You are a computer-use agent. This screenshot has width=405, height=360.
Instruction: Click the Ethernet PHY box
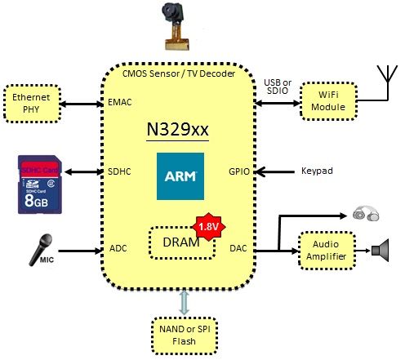click(x=32, y=104)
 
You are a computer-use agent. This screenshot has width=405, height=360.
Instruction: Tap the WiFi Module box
click(x=328, y=101)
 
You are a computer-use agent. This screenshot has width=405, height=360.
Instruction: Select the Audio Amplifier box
click(x=327, y=251)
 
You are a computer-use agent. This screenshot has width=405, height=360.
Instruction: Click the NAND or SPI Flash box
click(x=185, y=336)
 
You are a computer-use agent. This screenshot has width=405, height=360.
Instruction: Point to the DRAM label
click(x=181, y=242)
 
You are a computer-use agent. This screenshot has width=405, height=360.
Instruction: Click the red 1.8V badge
click(x=209, y=227)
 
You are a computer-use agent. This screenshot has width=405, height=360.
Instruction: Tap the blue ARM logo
click(x=180, y=176)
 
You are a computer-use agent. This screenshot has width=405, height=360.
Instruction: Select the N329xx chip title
click(x=177, y=130)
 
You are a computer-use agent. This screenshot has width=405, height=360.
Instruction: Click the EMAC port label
click(x=120, y=102)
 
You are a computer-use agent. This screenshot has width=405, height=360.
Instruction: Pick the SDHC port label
click(x=119, y=171)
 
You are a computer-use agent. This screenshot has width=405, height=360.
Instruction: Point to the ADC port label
click(x=118, y=248)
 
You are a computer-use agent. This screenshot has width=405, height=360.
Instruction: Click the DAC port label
click(x=238, y=248)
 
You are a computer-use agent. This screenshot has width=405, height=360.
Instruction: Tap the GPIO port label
click(x=239, y=171)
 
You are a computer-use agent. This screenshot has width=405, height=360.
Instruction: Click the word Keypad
click(x=317, y=171)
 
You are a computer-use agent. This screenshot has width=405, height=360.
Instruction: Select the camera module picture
click(x=176, y=27)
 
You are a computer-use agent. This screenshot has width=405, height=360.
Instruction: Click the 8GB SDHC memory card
click(x=40, y=184)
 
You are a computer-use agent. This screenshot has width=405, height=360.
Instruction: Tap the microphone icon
click(x=41, y=250)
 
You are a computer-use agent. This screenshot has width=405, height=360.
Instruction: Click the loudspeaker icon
click(x=381, y=251)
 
